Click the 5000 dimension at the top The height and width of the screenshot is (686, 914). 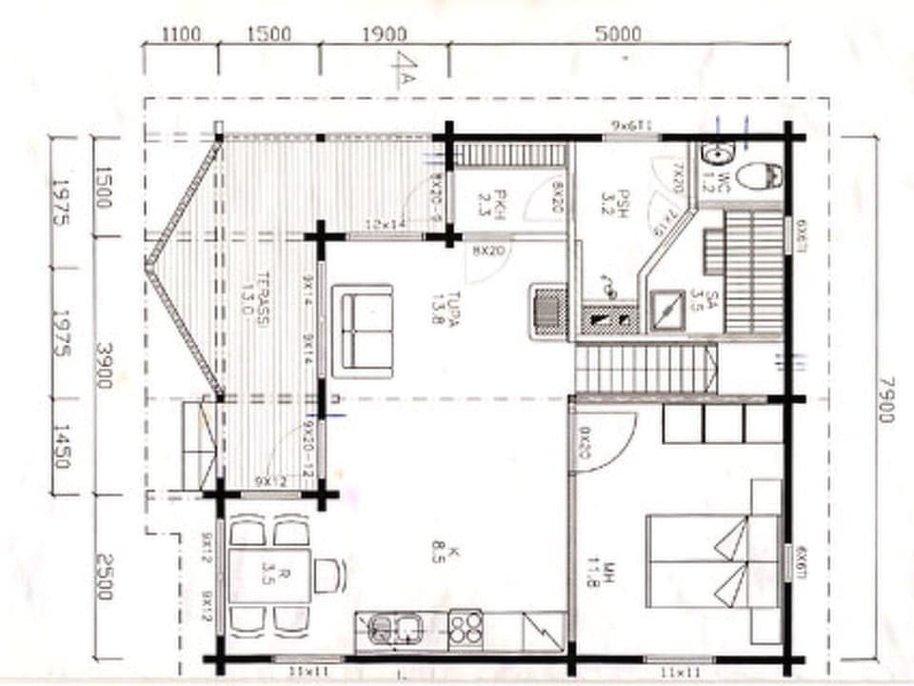[x=618, y=34]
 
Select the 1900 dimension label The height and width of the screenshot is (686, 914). [x=384, y=34]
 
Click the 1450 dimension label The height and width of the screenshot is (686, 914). [x=61, y=446]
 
